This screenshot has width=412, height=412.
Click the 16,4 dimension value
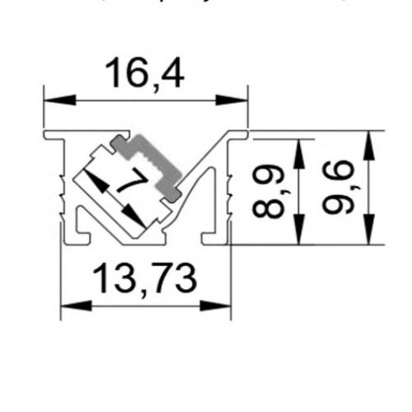pos(145,74)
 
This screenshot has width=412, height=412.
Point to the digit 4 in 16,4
pos(171,74)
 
